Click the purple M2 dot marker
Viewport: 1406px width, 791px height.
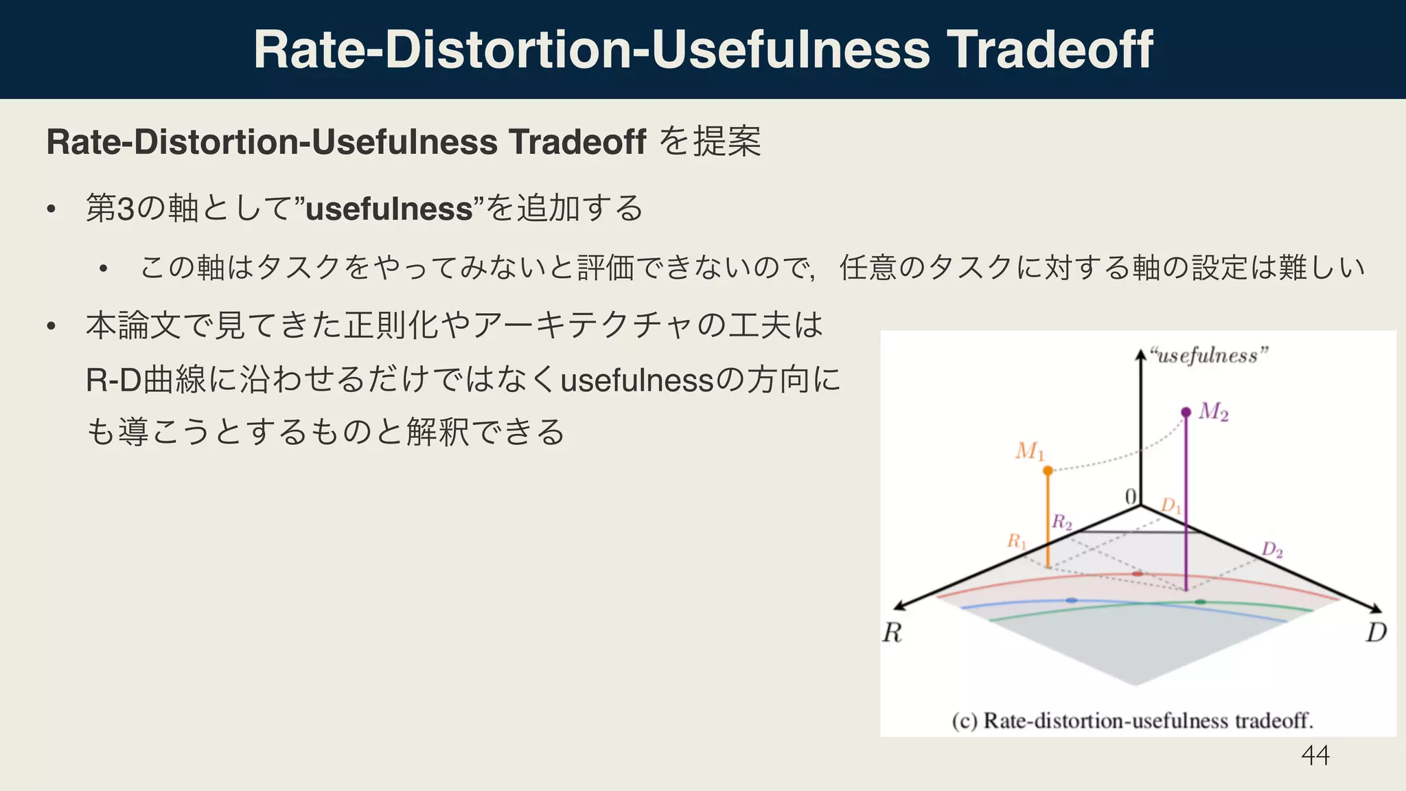pos(1186,412)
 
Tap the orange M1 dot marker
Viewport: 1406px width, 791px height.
pos(1048,470)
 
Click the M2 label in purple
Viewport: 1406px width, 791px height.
pos(1213,412)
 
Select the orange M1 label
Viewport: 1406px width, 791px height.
pos(1030,451)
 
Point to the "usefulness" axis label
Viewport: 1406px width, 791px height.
pos(1209,356)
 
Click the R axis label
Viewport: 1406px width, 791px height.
pos(892,632)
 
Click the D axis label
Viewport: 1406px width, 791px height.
pos(1376,632)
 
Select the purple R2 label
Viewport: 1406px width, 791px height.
pos(1062,523)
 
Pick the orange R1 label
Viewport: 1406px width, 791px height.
pos(1017,542)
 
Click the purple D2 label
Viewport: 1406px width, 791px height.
pos(1272,550)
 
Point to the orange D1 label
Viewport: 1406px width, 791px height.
pos(1171,507)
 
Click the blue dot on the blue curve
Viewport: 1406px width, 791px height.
pos(1072,600)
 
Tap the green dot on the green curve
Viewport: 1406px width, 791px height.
pos(1200,601)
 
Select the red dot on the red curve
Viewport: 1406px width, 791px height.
pos(1138,573)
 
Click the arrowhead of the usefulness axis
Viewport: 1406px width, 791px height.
pos(1140,354)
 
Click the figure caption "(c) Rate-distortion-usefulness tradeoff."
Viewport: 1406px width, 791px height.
pos(1132,721)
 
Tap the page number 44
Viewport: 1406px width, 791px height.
pos(1315,755)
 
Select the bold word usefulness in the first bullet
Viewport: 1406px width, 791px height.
pos(389,209)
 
